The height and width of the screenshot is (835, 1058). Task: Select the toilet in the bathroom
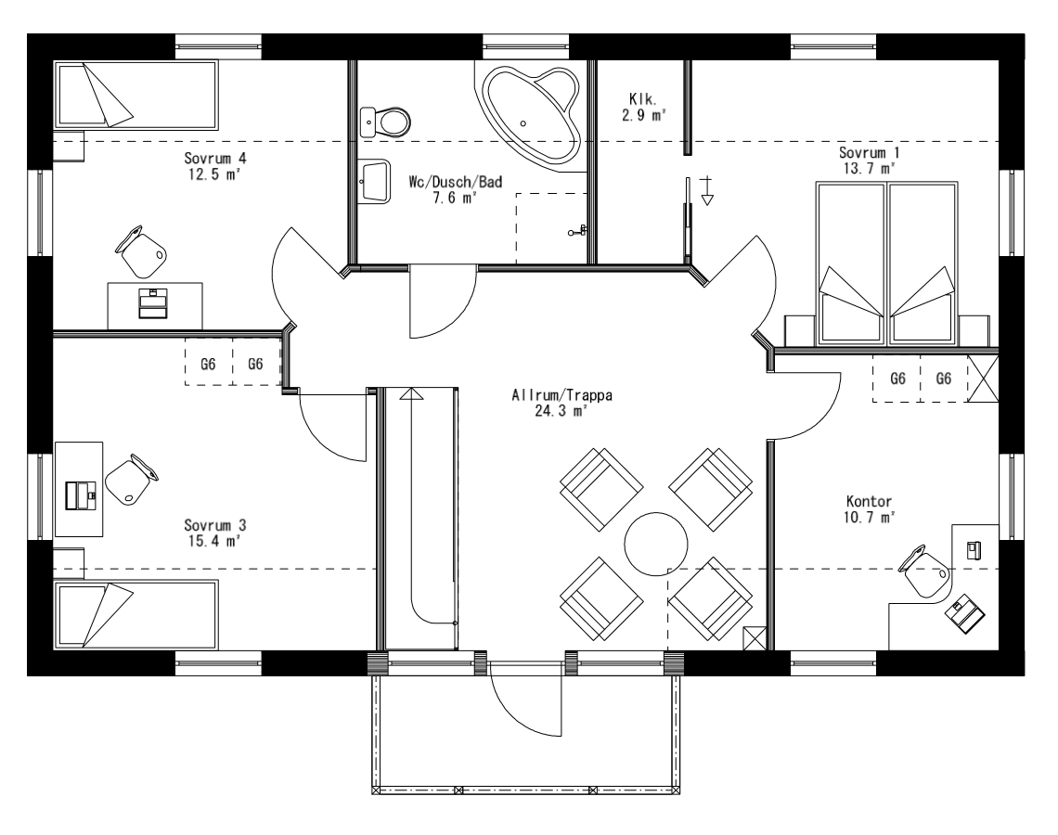389,120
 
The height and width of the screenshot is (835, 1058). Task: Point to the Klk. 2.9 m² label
643,107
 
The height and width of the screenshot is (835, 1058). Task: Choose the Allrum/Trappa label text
562,394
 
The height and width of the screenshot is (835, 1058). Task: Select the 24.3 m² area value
562,410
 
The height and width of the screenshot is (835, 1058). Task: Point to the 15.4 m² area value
214,540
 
